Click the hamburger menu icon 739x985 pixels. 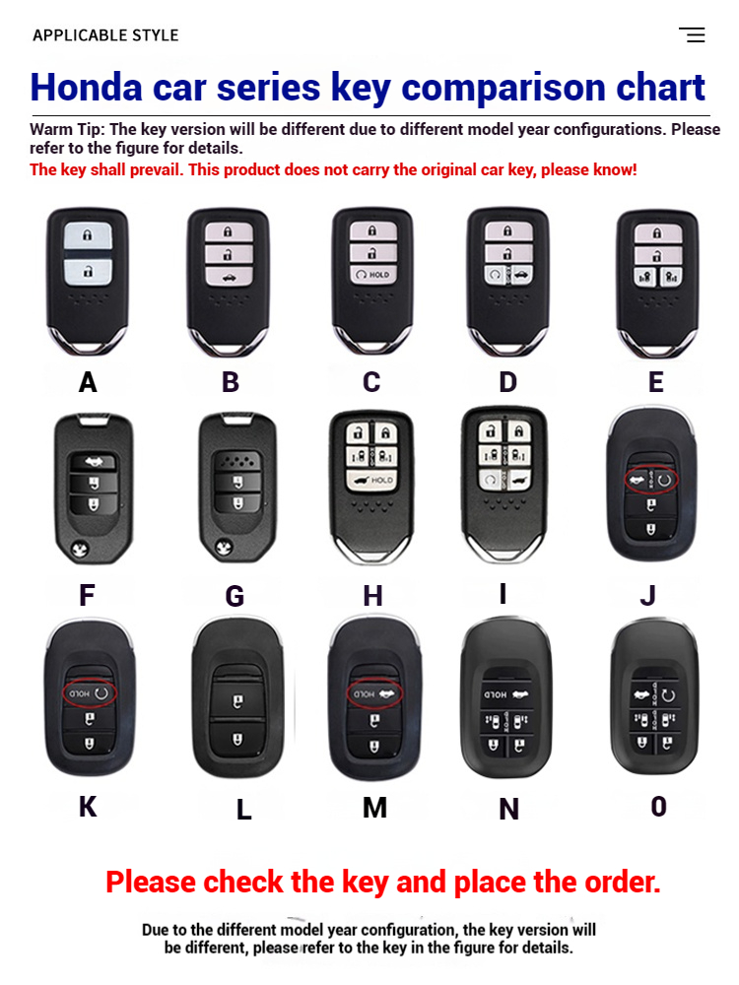[692, 35]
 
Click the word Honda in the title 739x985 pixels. [86, 87]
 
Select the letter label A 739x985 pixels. [88, 382]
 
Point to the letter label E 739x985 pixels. [655, 382]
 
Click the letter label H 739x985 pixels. [372, 596]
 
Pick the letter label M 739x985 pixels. [374, 808]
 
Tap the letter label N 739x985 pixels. [509, 809]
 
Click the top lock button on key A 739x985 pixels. [88, 236]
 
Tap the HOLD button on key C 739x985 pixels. [372, 275]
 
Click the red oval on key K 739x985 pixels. [90, 693]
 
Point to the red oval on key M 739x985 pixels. [374, 693]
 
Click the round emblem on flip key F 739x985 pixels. [81, 549]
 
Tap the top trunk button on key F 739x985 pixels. [94, 463]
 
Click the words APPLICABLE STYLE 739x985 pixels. [105, 35]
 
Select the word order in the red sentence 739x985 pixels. [622, 882]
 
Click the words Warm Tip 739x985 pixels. [65, 129]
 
